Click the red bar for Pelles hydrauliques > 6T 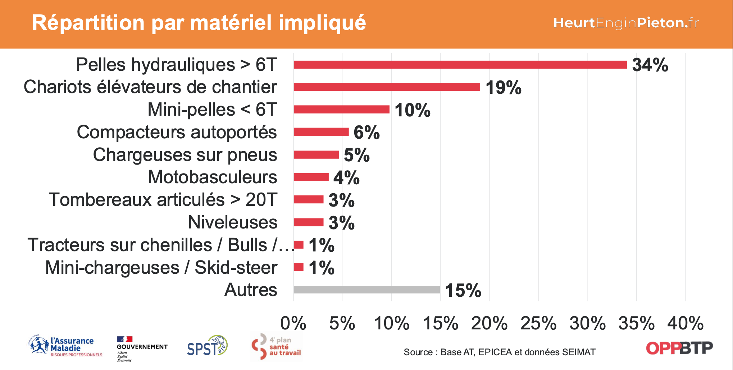click(460, 65)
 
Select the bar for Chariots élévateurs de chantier click(387, 87)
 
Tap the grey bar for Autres click(366, 290)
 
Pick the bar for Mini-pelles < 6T click(341, 110)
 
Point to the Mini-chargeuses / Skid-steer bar click(299, 267)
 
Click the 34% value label click(650, 65)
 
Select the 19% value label click(503, 88)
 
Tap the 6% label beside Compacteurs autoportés click(366, 133)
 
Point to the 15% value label click(463, 291)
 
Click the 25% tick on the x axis click(538, 323)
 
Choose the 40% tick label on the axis click(685, 323)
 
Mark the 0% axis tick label click(293, 323)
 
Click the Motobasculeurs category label click(213, 177)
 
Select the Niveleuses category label click(233, 222)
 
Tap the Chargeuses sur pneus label click(185, 155)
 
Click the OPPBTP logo click(679, 348)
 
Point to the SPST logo click(207, 346)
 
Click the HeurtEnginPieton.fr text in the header click(626, 23)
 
